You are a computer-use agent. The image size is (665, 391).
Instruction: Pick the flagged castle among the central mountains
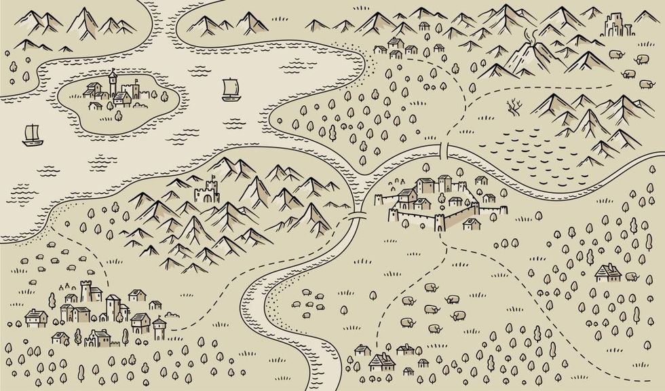coord(207,192)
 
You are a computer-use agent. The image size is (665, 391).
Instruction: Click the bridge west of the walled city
coord(353,217)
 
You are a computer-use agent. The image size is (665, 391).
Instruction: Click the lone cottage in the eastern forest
coord(608,273)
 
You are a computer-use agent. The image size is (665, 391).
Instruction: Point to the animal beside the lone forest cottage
coord(631,276)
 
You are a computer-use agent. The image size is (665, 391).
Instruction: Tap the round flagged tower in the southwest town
coord(159,329)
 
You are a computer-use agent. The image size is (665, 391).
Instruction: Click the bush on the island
coord(118,115)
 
